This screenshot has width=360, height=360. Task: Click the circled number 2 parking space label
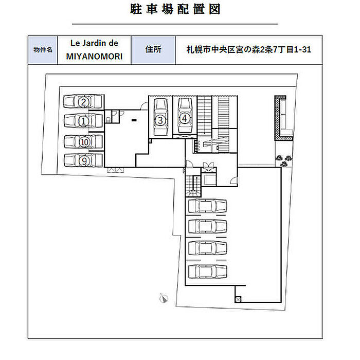84,102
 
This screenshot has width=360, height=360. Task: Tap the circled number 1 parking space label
84,121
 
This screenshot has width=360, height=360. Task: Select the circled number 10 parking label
84,142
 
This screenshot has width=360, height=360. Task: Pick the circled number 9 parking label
84,160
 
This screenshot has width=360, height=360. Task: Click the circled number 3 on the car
160,120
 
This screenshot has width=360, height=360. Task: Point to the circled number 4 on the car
184,118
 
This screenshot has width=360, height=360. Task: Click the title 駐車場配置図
175,9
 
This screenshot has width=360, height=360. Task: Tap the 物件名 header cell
43,50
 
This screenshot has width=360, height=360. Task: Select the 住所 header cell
153,50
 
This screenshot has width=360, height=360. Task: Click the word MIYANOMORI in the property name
94,57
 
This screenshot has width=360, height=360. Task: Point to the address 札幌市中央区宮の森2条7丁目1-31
248,49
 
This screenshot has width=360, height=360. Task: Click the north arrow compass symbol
164,298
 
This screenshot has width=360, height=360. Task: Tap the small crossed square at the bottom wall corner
238,299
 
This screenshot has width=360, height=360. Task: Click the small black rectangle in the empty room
134,120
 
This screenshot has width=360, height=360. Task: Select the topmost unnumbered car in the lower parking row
208,206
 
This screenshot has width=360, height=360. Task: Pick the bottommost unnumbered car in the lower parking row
208,272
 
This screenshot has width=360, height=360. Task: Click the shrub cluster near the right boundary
284,160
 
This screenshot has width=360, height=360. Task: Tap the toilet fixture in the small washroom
108,119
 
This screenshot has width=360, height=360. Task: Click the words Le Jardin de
94,43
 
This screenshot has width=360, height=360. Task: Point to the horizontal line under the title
175,24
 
